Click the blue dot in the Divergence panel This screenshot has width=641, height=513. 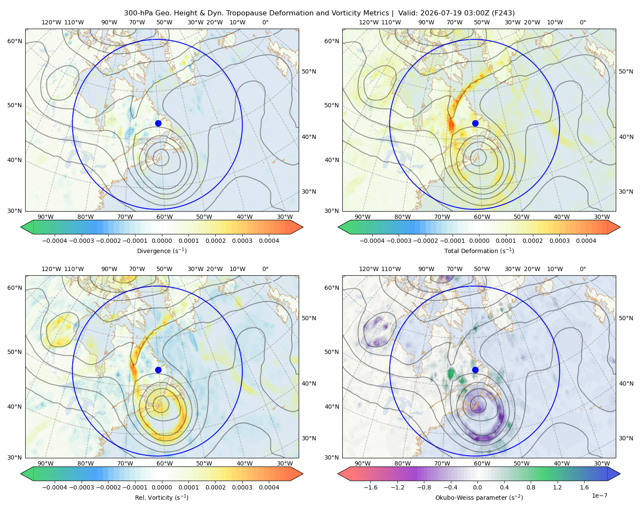[x=158, y=123]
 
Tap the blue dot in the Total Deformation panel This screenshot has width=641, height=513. [x=475, y=123]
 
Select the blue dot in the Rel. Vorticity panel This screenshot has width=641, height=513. [x=158, y=370]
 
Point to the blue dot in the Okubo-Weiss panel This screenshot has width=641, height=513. [x=475, y=370]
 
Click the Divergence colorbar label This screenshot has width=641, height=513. [x=162, y=251]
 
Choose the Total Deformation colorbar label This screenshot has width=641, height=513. [x=479, y=251]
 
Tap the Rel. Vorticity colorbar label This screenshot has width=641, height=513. [x=162, y=498]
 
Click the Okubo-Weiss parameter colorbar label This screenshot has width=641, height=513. [x=479, y=498]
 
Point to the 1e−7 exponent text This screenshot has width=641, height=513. [x=599, y=495]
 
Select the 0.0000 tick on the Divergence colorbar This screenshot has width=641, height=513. [x=162, y=241]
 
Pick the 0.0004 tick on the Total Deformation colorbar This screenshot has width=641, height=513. [x=586, y=241]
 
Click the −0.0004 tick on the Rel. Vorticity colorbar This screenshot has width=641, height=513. [x=55, y=487]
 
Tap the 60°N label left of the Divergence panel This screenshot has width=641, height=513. [x=15, y=41]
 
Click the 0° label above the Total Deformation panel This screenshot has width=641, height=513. [x=582, y=22]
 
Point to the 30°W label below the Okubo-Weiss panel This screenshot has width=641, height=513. [x=602, y=463]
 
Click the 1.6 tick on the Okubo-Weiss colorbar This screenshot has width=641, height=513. [x=584, y=487]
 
